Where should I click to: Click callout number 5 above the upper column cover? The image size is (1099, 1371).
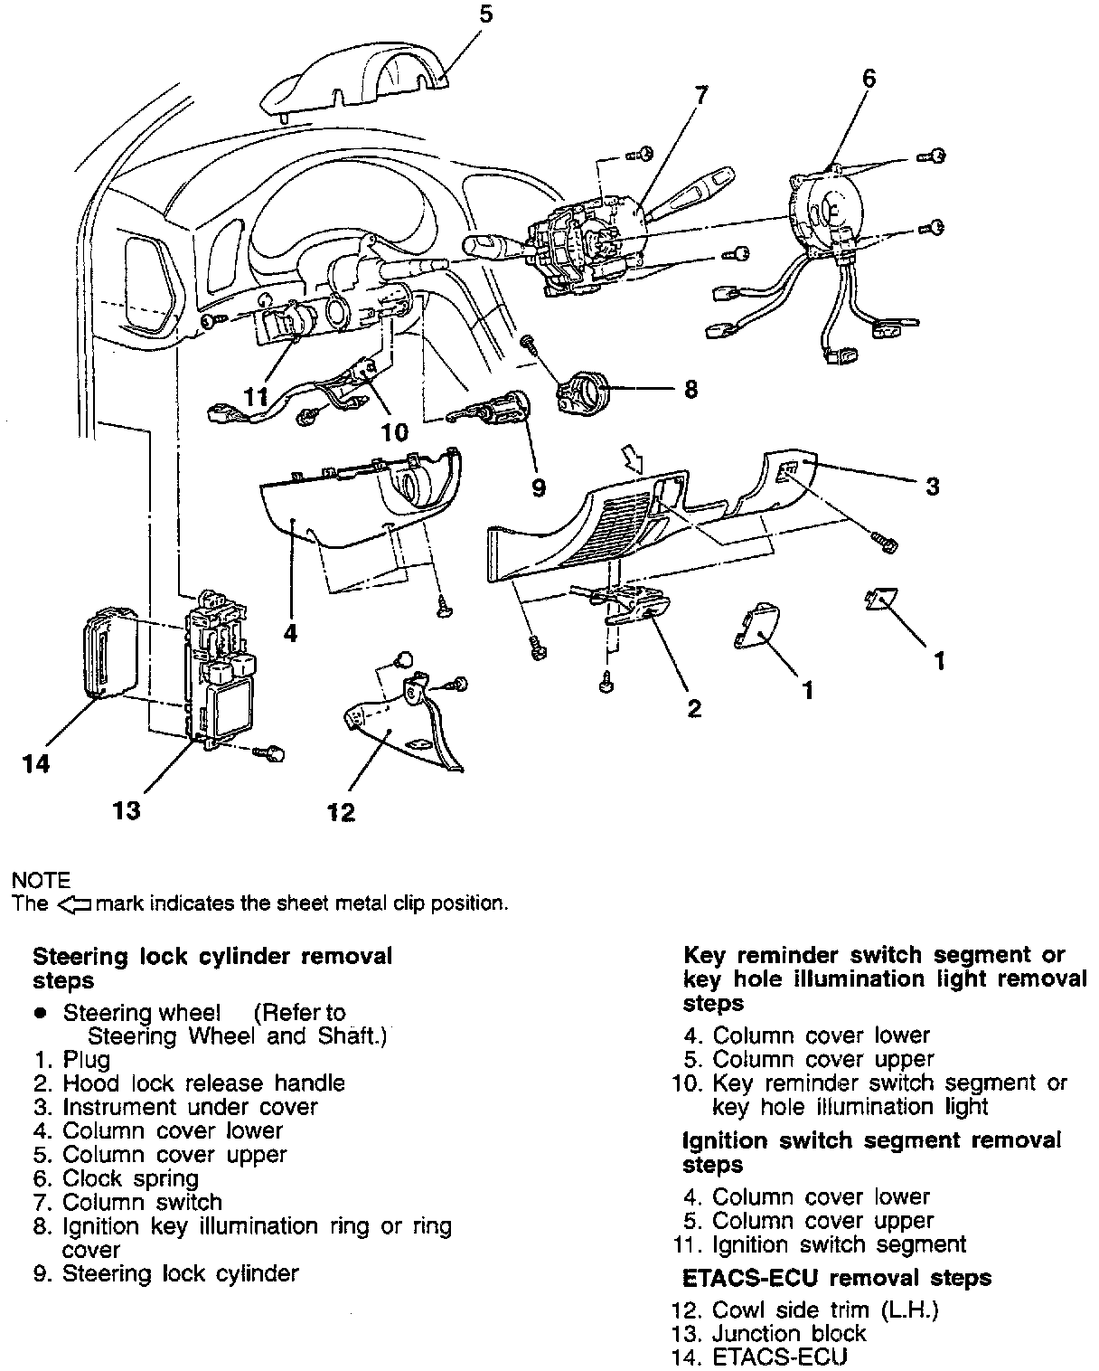pos(486,15)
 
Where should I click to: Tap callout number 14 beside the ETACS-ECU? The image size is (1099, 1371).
pos(36,764)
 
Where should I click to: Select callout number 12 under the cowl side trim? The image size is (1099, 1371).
pos(341,811)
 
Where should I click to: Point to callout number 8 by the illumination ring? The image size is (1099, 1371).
pos(690,389)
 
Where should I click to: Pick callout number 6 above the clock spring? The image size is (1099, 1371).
pos(868,79)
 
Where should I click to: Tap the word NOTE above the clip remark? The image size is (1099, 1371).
pos(41,880)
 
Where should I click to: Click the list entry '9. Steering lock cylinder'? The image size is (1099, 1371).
pos(167,1273)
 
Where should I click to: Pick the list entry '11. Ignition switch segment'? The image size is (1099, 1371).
pos(819,1244)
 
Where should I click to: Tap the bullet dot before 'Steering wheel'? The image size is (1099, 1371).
pos(40,1013)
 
